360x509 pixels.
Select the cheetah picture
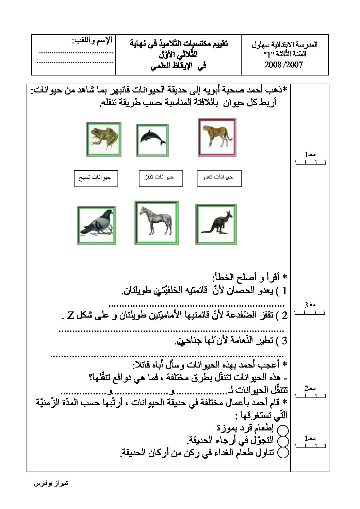217,137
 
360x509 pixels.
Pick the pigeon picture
97,225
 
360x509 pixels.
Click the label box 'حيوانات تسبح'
96,178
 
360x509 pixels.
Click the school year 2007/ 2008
283,65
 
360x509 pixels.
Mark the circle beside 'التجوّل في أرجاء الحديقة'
283,441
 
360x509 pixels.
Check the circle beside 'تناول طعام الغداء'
283,452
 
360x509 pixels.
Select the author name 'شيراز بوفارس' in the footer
52,483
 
